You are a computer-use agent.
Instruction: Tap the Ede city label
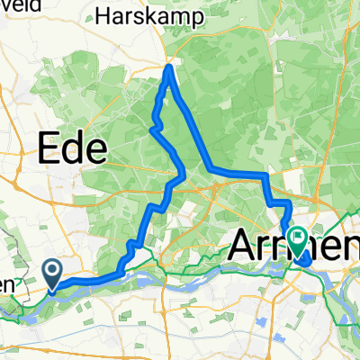click(x=71, y=146)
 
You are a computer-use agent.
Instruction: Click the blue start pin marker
click(x=53, y=274)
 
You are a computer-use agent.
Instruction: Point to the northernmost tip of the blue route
click(x=170, y=65)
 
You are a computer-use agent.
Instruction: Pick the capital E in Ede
click(x=47, y=146)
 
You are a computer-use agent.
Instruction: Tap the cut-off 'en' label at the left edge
click(x=7, y=284)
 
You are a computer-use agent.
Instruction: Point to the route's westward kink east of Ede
click(x=151, y=129)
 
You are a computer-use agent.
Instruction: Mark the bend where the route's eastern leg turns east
click(x=210, y=169)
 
